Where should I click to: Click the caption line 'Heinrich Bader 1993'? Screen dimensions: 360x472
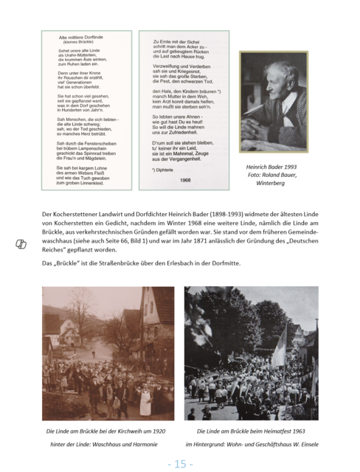[271, 167]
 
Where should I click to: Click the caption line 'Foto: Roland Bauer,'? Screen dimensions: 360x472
[271, 175]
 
